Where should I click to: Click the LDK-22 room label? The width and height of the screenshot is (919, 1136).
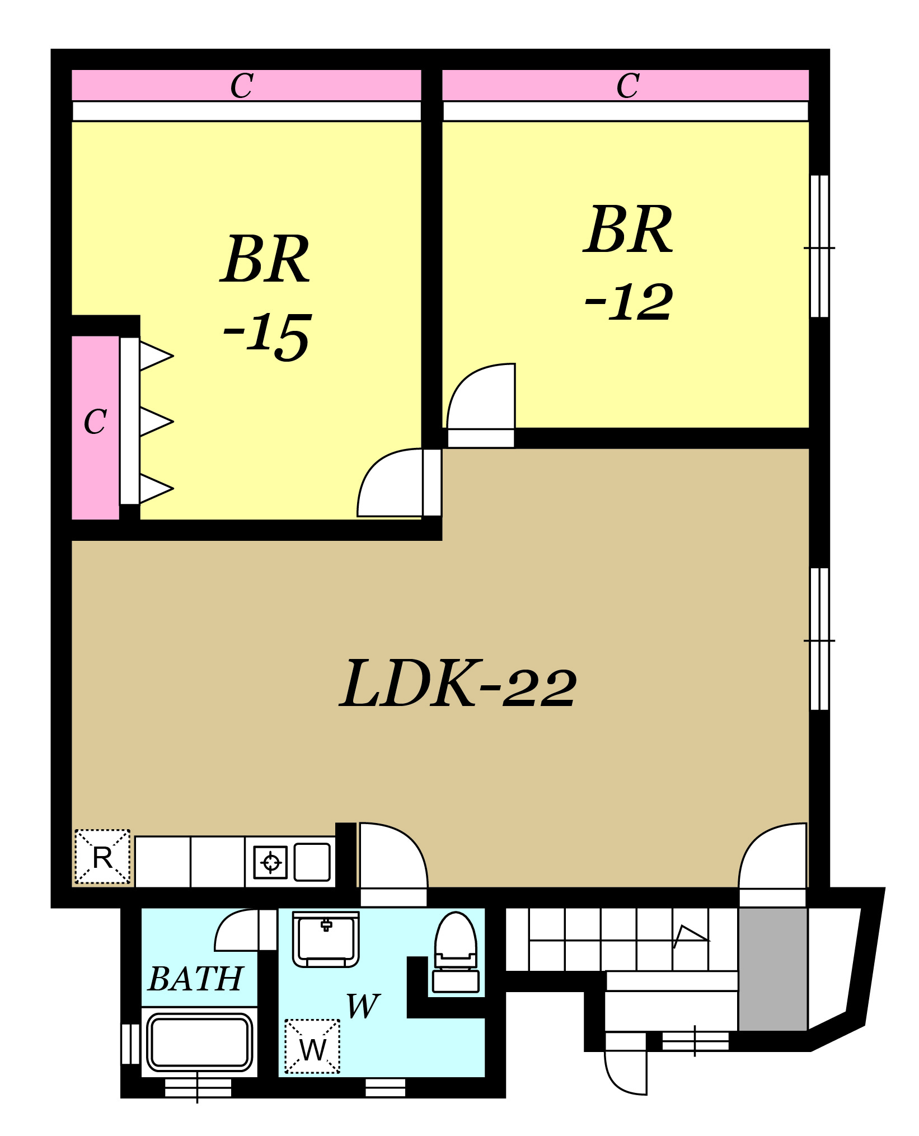click(x=458, y=684)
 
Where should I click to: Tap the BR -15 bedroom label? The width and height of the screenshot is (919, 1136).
click(x=266, y=296)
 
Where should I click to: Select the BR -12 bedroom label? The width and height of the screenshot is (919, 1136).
click(x=629, y=263)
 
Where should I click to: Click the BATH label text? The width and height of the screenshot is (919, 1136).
click(x=196, y=979)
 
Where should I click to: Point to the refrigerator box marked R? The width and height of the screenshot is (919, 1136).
click(x=102, y=857)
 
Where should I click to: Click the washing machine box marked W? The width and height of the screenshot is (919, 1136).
click(x=312, y=1046)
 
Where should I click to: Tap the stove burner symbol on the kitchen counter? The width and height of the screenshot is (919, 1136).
click(x=271, y=862)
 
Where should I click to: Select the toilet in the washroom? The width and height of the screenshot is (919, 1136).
click(x=456, y=952)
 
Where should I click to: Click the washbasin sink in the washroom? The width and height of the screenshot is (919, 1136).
click(x=326, y=939)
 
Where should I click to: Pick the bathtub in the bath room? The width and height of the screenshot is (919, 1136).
click(x=199, y=1042)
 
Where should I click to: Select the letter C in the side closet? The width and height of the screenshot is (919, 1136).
click(x=95, y=422)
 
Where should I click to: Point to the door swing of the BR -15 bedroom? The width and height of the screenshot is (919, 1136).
click(x=390, y=482)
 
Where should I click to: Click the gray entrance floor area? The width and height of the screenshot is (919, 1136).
click(x=773, y=969)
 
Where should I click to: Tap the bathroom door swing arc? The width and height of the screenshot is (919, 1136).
click(x=237, y=930)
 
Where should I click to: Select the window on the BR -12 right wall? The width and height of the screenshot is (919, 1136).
click(x=819, y=246)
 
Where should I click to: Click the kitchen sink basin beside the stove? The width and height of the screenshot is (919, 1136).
click(x=312, y=862)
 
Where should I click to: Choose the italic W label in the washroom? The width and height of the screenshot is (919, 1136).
click(x=363, y=1006)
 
